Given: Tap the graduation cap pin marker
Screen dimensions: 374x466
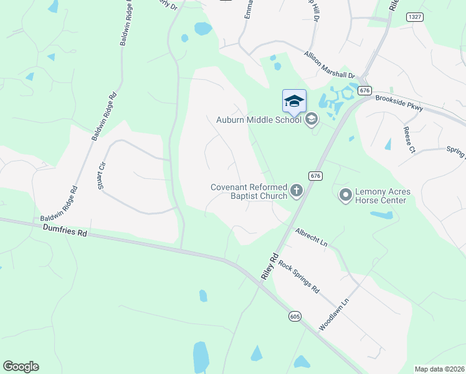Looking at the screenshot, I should (x=295, y=101).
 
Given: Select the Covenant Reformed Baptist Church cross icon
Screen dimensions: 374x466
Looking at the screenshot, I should (x=297, y=191).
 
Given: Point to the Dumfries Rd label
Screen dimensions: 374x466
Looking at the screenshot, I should (x=65, y=231).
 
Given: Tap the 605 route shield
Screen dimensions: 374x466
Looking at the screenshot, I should (x=295, y=317).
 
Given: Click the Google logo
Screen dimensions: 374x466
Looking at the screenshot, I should (x=21, y=367).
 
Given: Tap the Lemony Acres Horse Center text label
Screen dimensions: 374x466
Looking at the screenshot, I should (x=381, y=196).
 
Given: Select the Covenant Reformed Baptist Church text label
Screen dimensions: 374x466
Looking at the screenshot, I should (x=248, y=191).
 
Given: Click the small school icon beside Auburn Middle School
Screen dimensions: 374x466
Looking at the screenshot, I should (x=311, y=119).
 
